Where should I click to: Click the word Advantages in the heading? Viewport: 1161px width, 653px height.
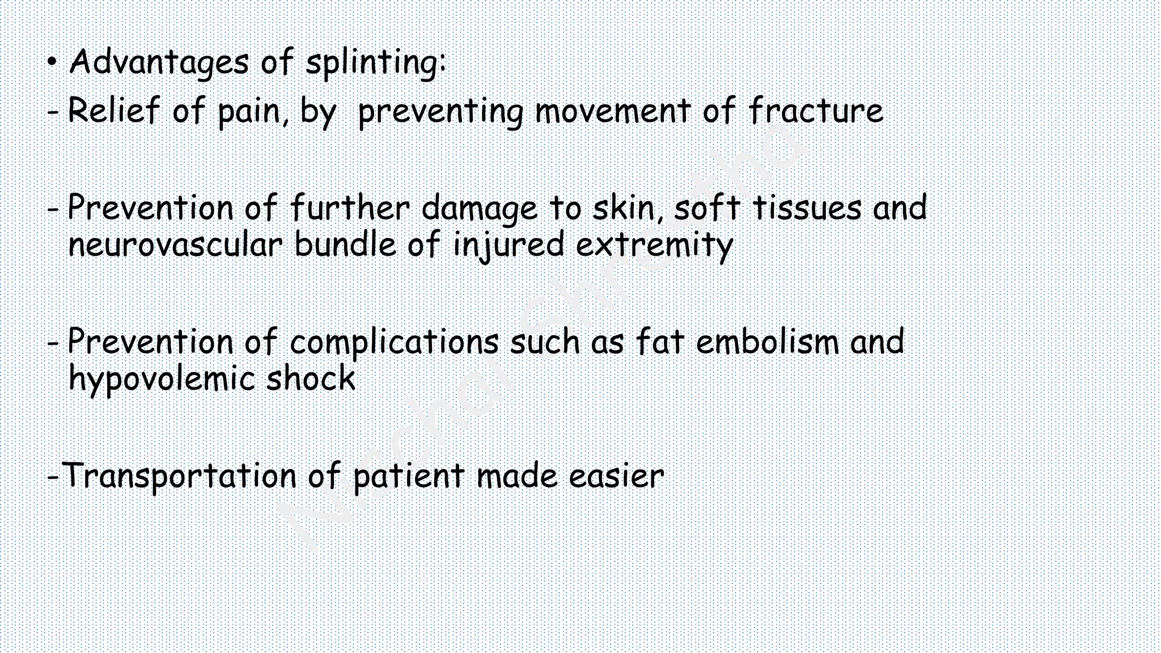158,62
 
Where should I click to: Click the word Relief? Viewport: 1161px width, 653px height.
113,110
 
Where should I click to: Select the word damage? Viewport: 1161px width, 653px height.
479,209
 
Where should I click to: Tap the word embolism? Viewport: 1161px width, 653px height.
767,342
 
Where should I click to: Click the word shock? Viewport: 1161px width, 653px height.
311,379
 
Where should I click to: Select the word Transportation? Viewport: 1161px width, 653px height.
179,476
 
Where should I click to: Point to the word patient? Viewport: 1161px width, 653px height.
409,477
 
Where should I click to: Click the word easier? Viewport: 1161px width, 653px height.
616,476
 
